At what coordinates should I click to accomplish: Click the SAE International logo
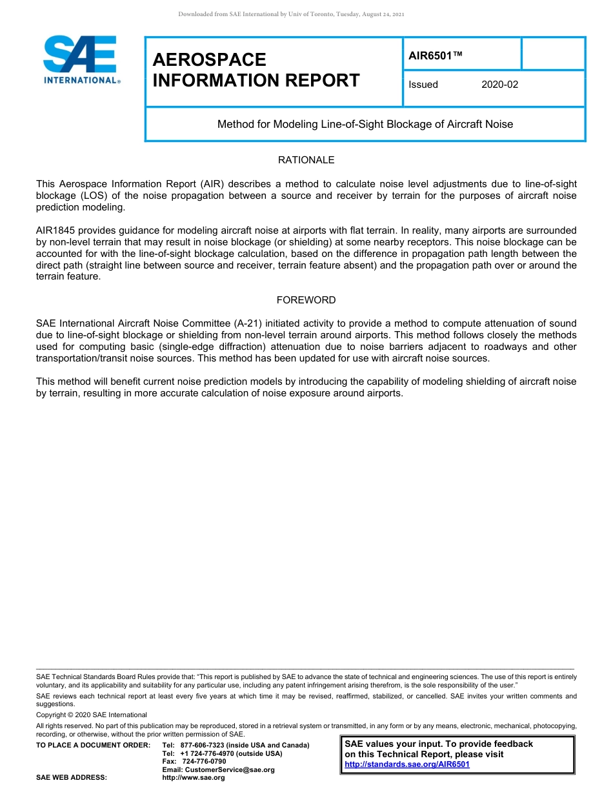click(x=81, y=59)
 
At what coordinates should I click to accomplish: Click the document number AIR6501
click(x=436, y=56)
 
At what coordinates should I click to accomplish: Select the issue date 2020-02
click(x=499, y=85)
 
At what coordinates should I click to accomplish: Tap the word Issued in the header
click(x=423, y=85)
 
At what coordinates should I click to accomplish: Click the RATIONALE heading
click(x=306, y=160)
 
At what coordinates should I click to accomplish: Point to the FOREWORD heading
click(x=306, y=300)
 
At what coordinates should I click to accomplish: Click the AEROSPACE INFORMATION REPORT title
click(x=256, y=70)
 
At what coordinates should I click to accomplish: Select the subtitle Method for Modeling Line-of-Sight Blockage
click(x=365, y=124)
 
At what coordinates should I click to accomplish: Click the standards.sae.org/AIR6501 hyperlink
click(x=407, y=764)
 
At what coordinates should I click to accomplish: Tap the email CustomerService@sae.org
click(x=218, y=769)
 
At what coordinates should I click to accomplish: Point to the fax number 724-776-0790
click(x=203, y=762)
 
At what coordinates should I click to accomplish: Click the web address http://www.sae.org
click(x=194, y=778)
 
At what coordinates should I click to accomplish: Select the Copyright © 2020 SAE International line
click(x=92, y=715)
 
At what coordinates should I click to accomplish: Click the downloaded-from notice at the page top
click(x=291, y=14)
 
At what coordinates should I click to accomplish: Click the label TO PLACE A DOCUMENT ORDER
click(x=93, y=745)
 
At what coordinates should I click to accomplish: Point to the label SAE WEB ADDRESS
click(x=72, y=778)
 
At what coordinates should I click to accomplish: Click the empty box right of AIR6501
click(x=552, y=54)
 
